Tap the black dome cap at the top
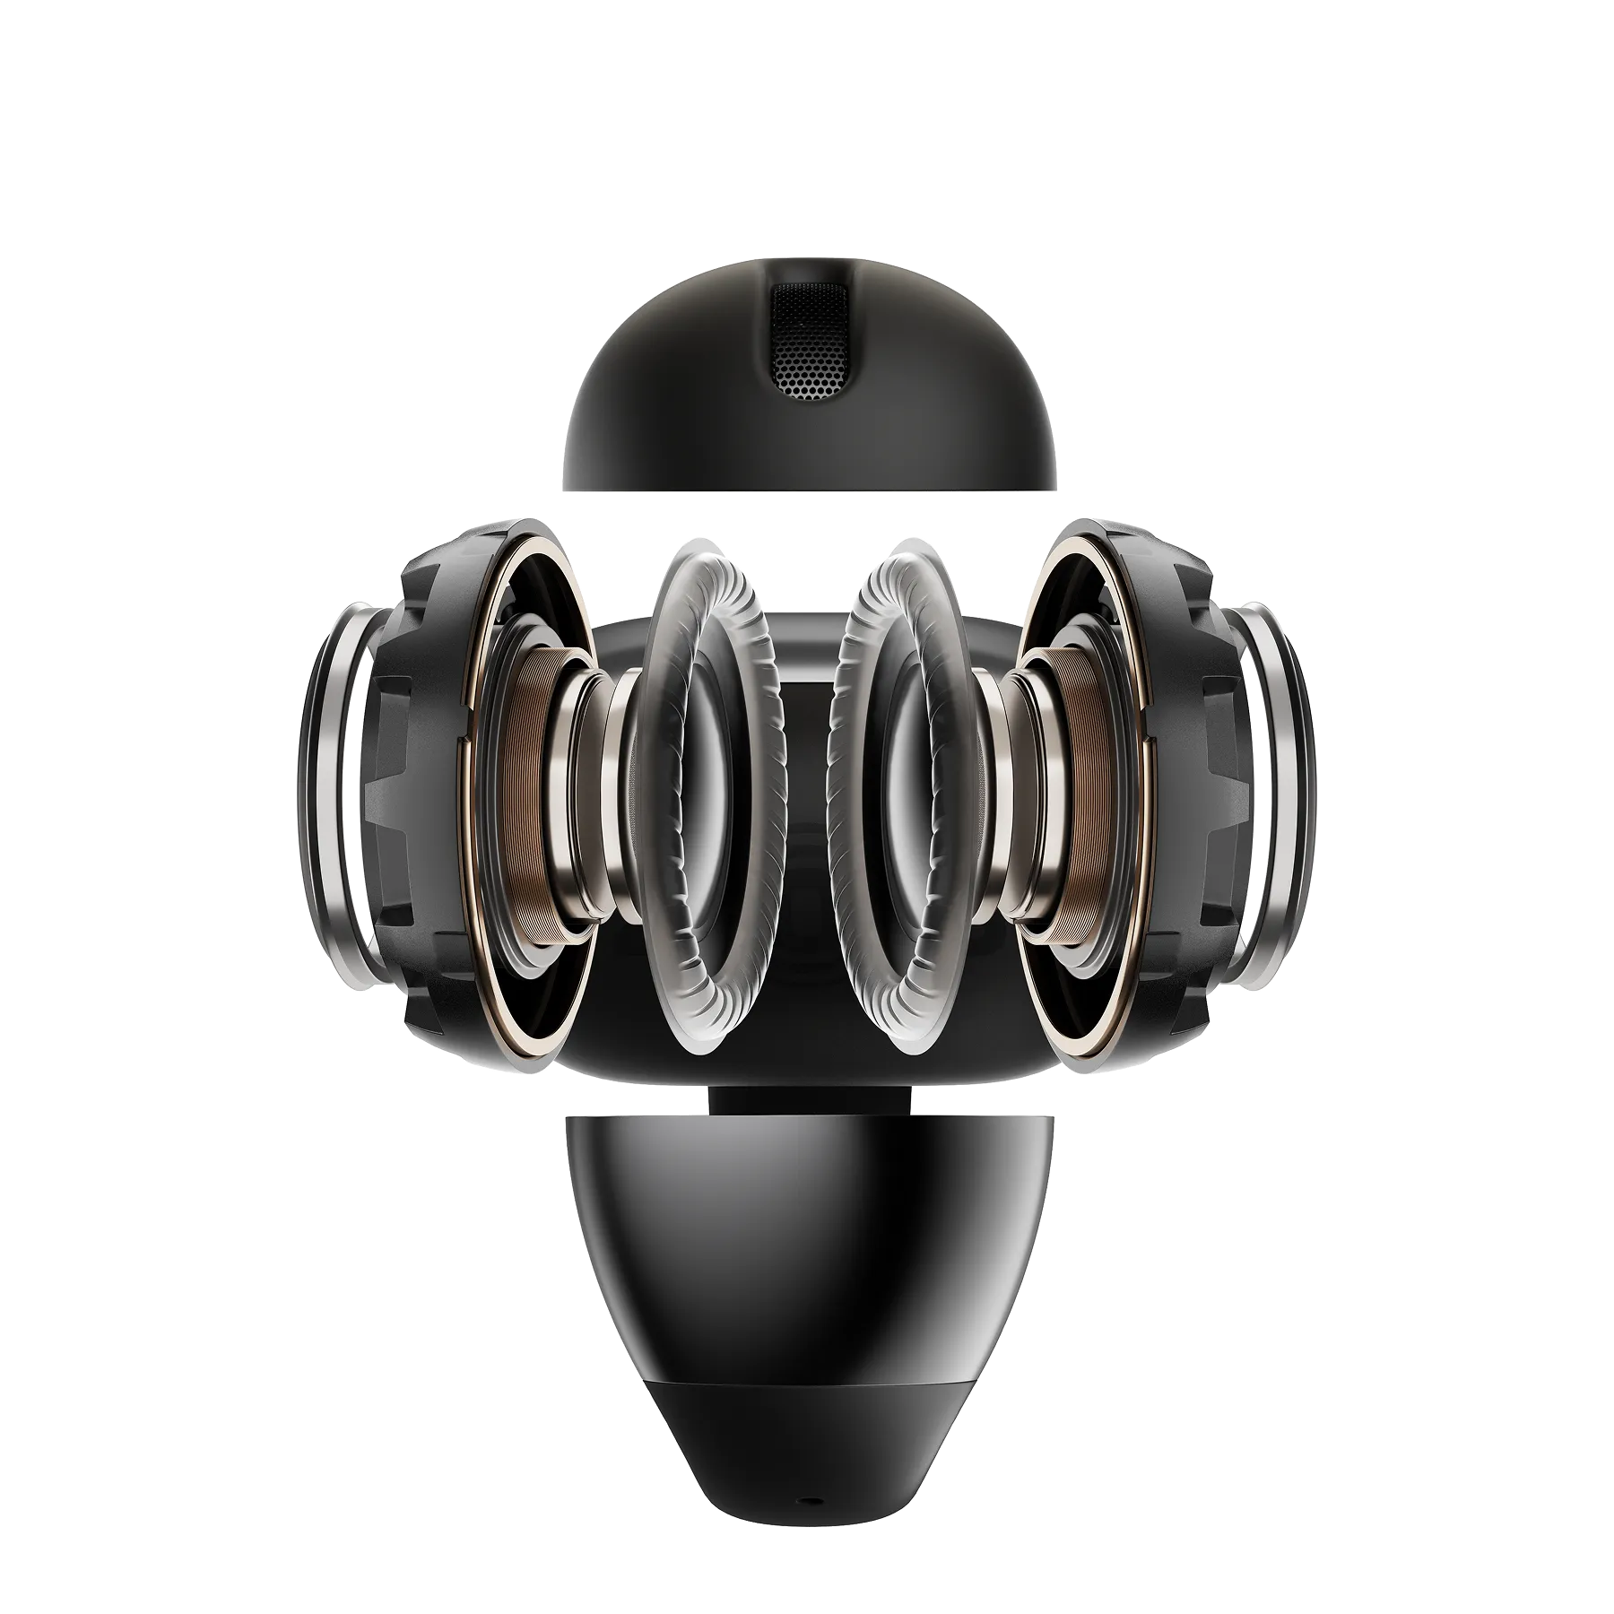pos(681,421)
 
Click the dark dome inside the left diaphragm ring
pos(708,789)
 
